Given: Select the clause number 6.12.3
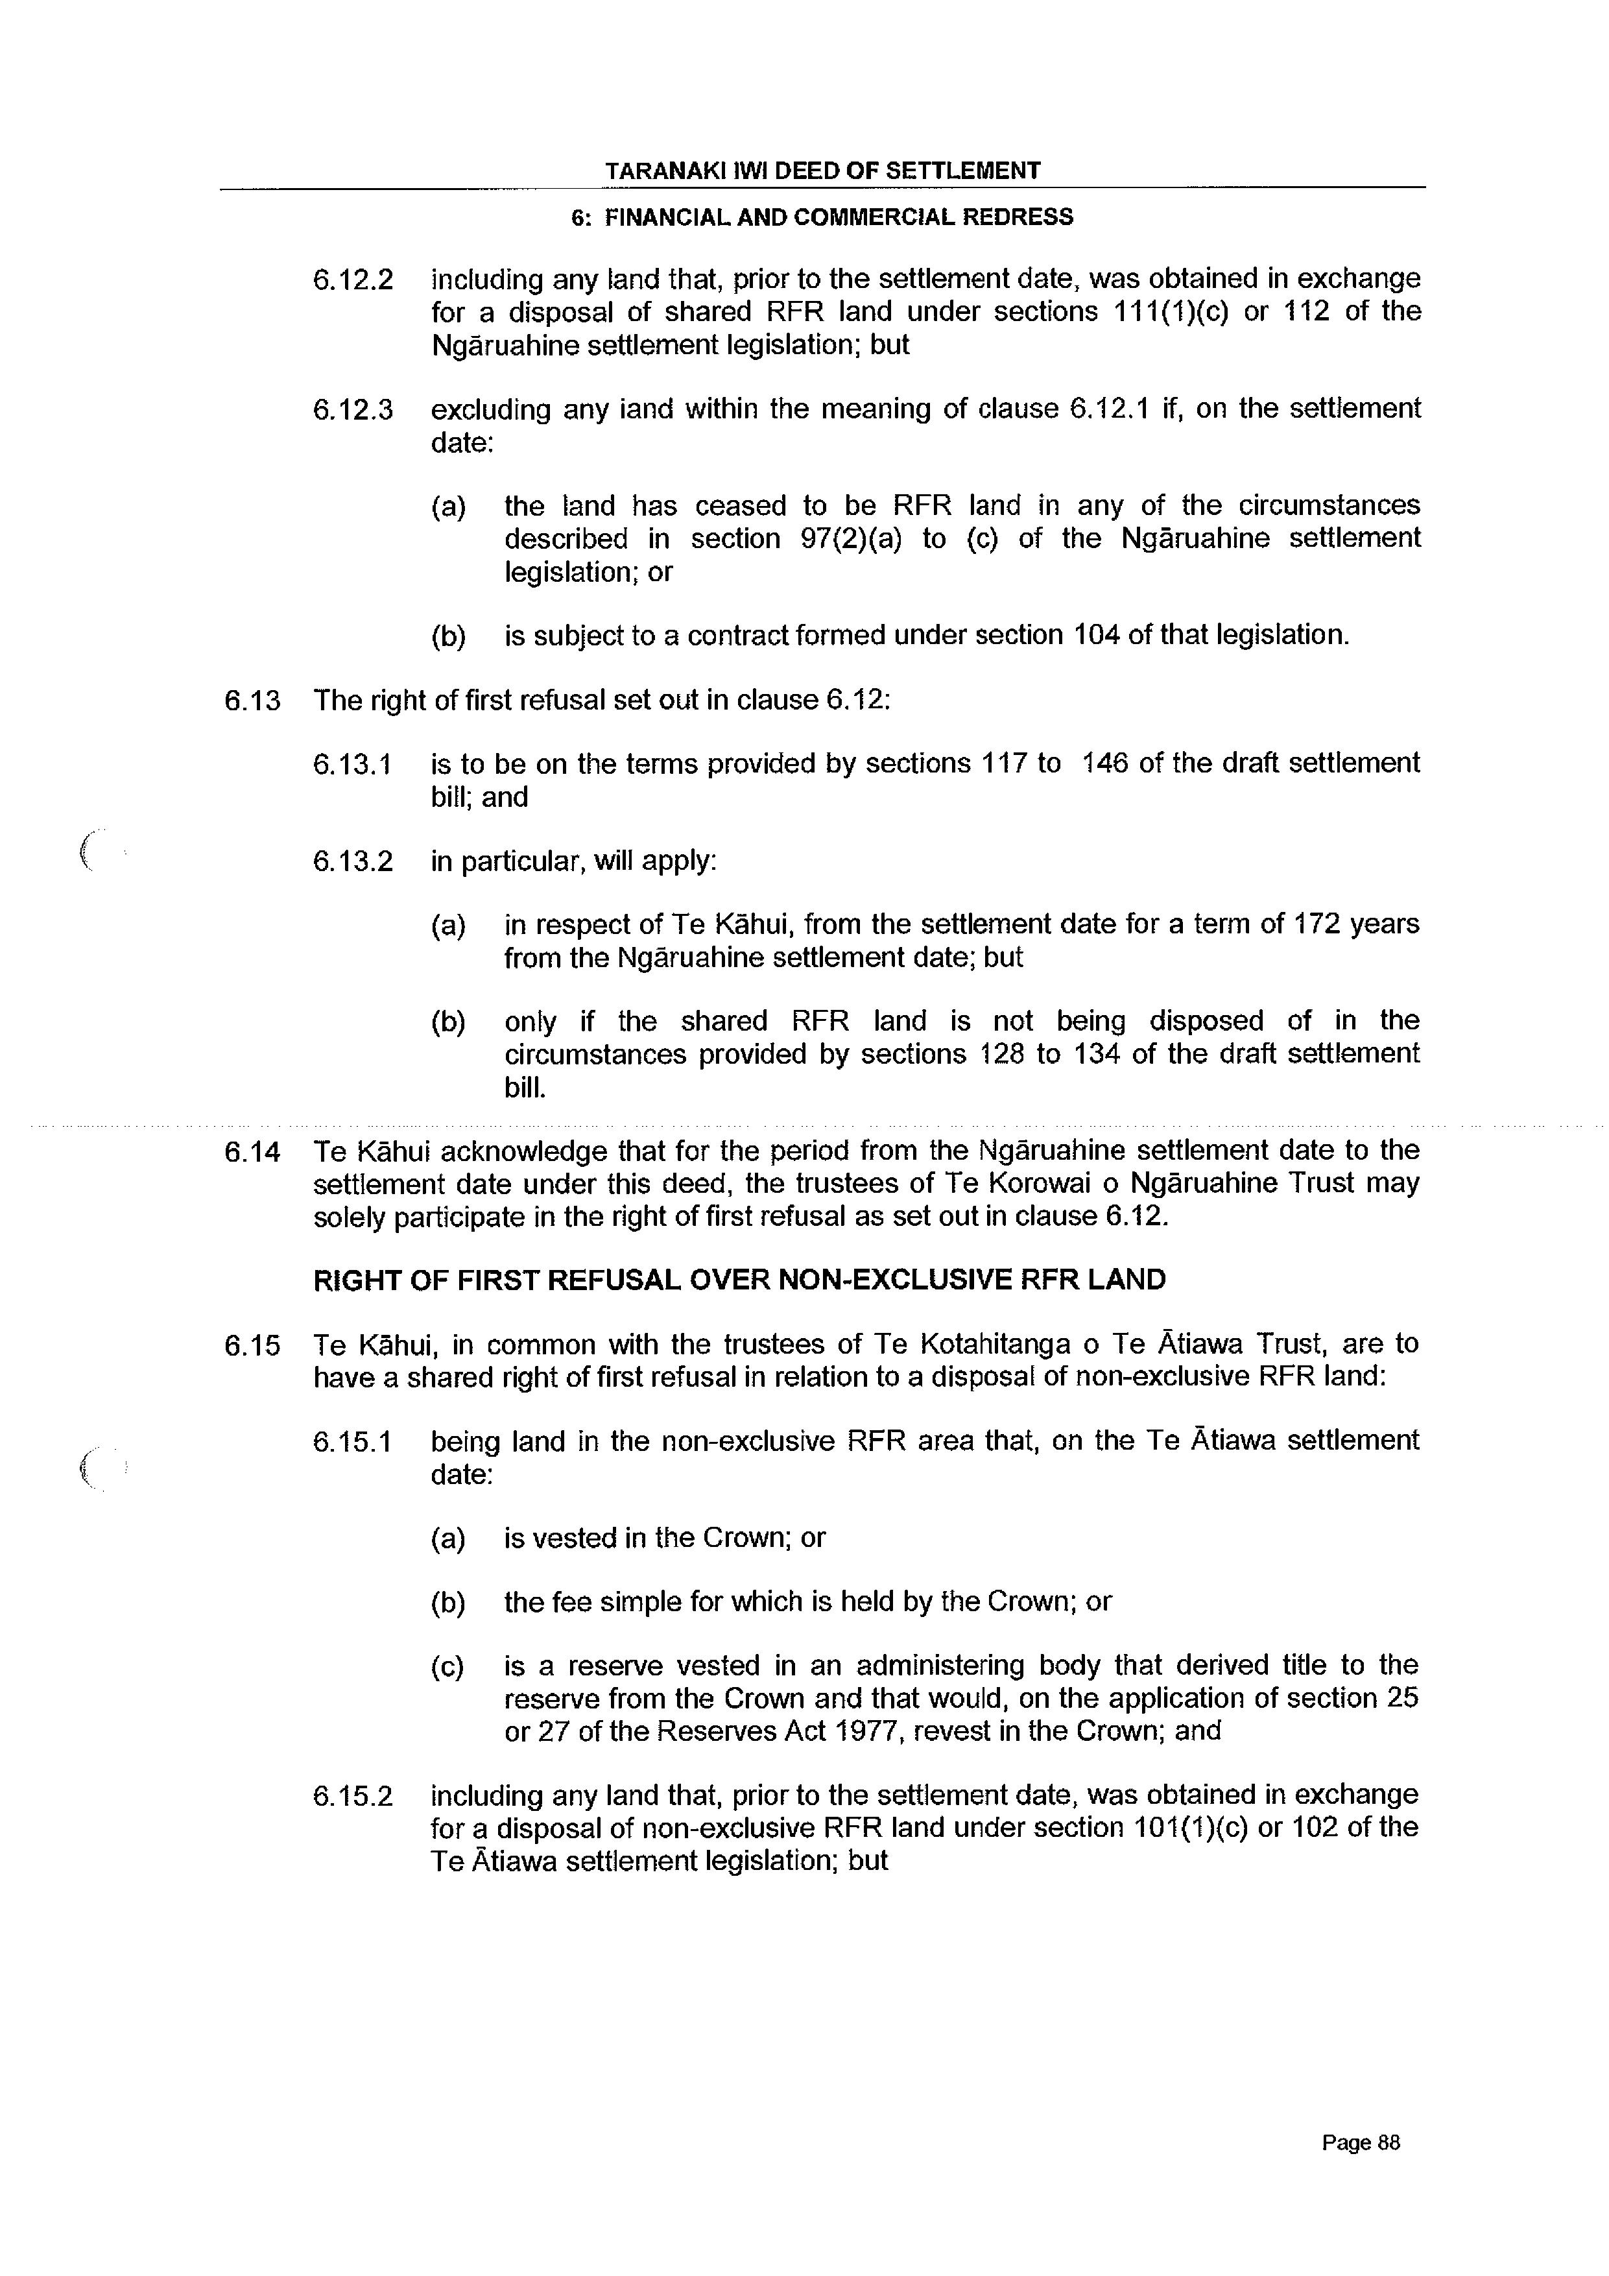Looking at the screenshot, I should (353, 409).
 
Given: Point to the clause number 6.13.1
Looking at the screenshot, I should (353, 764).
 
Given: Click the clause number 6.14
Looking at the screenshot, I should (253, 1152).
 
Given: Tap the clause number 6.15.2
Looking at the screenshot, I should (353, 1795).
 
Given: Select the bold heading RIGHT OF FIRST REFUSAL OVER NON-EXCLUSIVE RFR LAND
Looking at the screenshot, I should (739, 1280).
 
